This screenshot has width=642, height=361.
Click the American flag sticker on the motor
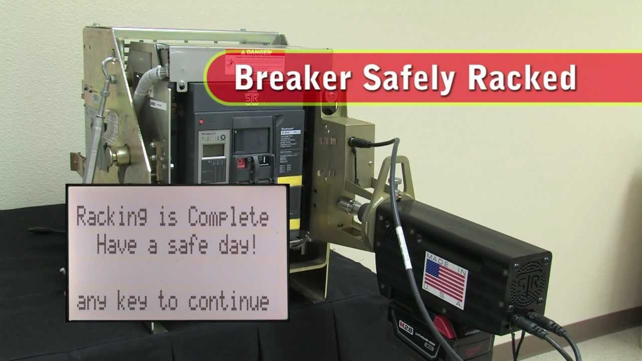point(445,279)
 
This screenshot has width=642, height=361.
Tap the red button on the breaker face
point(242,162)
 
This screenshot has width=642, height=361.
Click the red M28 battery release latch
point(445,327)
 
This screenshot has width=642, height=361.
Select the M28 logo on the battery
point(406,325)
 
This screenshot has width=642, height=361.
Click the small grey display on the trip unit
point(213,150)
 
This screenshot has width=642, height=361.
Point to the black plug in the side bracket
point(357,142)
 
